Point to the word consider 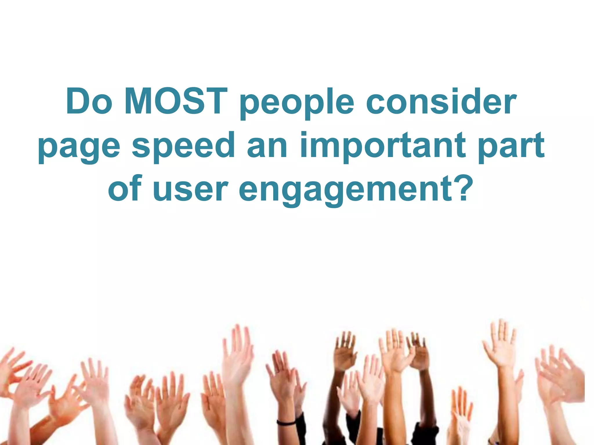coord(441,102)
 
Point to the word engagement coord(345,191)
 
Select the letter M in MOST coord(139,102)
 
